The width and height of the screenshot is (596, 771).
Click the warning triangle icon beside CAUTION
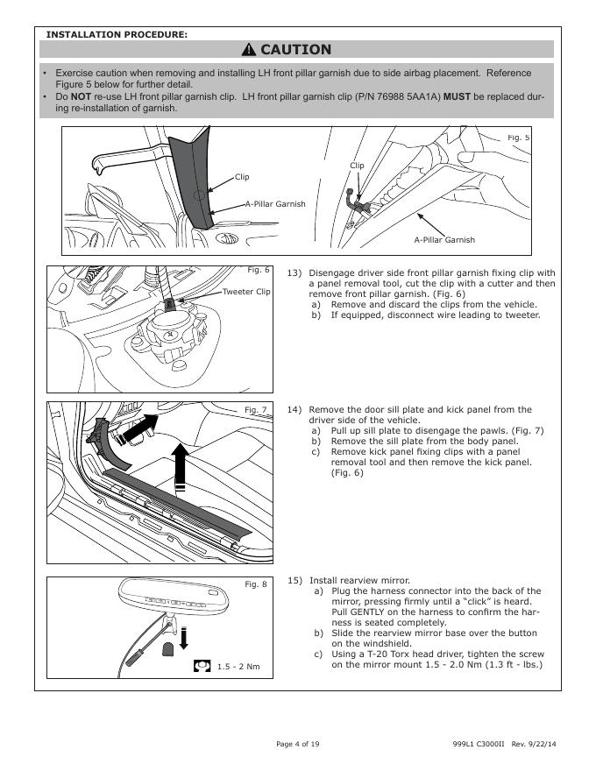pyautogui.click(x=250, y=50)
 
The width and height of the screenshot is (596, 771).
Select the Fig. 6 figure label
pyautogui.click(x=259, y=270)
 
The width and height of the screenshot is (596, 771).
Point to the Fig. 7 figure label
pyautogui.click(x=256, y=410)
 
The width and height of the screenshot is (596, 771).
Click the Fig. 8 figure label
pyautogui.click(x=256, y=584)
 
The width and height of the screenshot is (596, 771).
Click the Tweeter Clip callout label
pyautogui.click(x=247, y=292)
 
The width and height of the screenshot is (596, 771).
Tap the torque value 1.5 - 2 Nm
pyautogui.click(x=238, y=667)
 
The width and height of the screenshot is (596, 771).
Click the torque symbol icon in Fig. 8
pyautogui.click(x=202, y=666)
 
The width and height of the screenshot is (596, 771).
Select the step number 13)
pyautogui.click(x=294, y=272)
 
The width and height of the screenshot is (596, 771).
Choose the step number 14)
pyautogui.click(x=294, y=409)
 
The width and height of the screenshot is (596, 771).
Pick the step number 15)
pyautogui.click(x=294, y=581)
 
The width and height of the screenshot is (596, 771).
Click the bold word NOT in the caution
pyautogui.click(x=82, y=95)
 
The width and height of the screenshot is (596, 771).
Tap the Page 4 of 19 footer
pyautogui.click(x=298, y=744)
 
